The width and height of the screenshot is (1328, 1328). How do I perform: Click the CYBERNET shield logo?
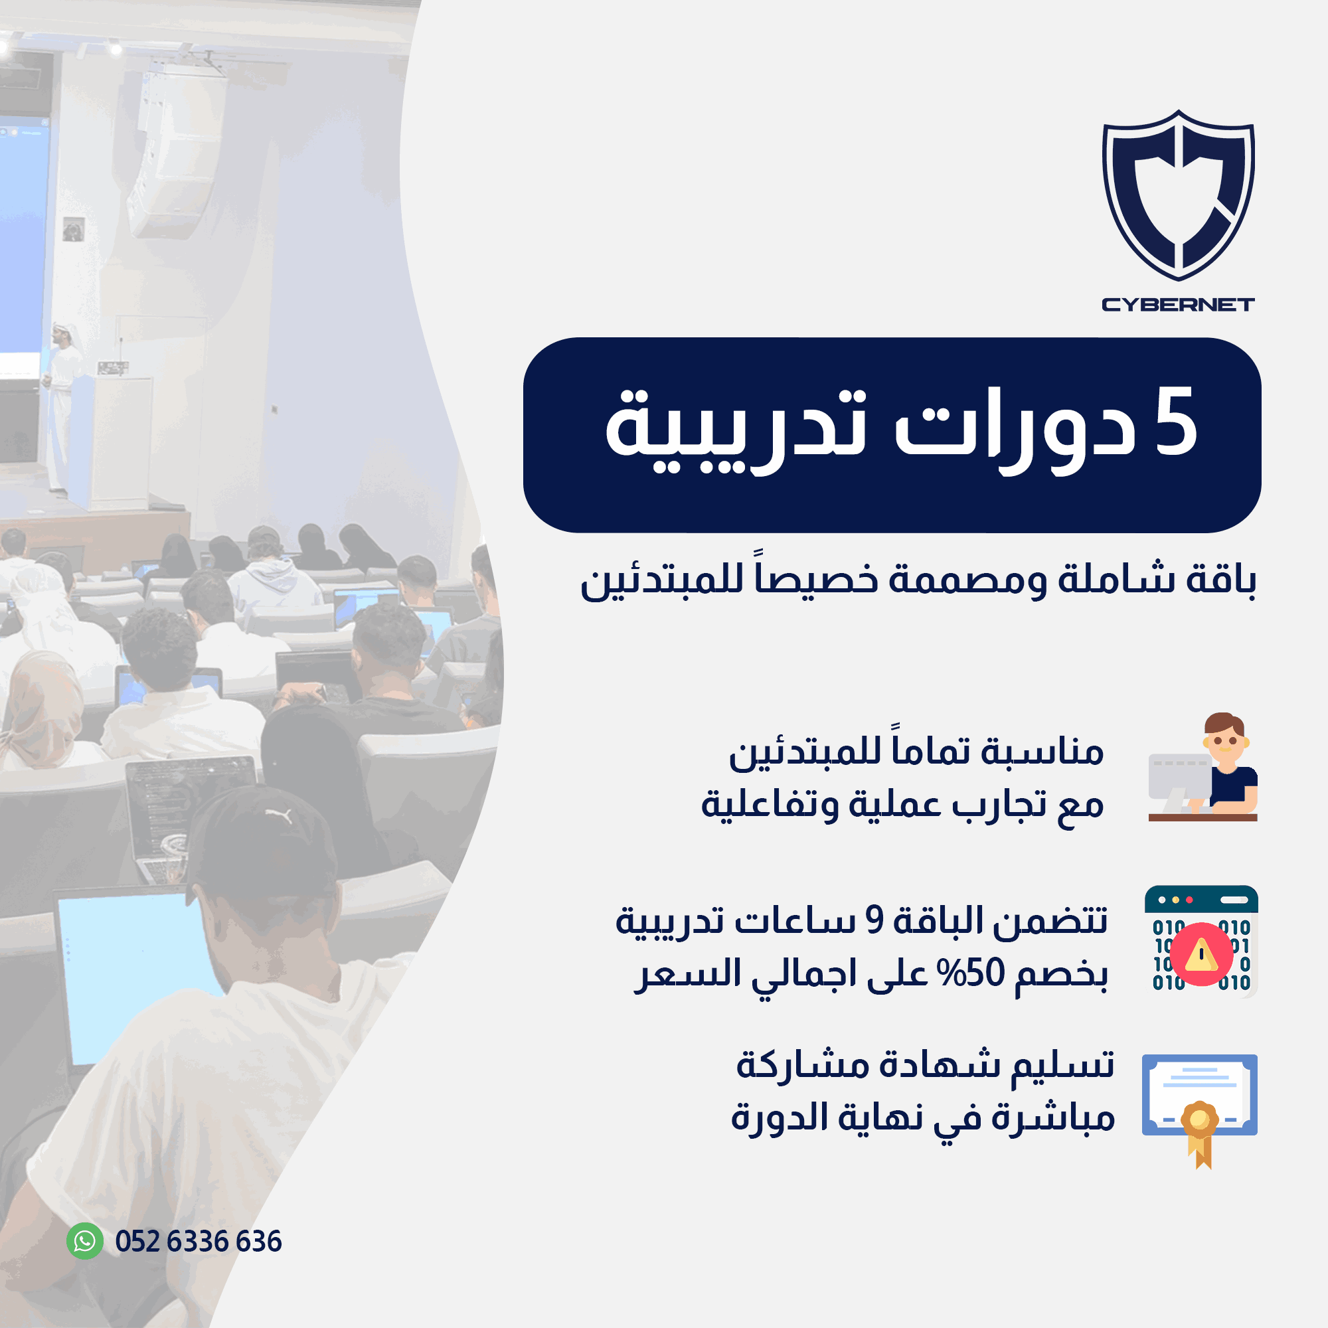(x=1178, y=195)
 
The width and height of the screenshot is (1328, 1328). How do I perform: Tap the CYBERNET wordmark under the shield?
(x=1178, y=305)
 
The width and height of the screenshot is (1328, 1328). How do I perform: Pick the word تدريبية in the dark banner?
(x=736, y=430)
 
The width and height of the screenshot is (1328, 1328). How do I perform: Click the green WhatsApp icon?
(x=84, y=1241)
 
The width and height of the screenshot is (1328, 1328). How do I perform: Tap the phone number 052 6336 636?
(x=199, y=1242)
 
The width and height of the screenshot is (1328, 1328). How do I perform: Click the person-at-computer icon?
(x=1203, y=767)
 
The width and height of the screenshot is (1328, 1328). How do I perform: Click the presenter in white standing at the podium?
(x=62, y=406)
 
